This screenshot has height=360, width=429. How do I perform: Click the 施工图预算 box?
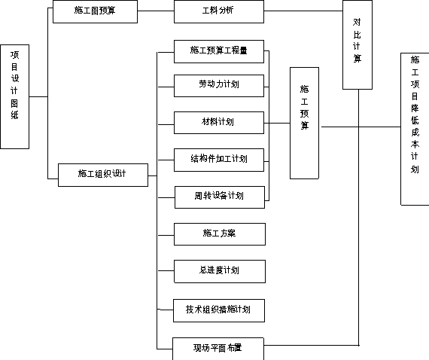[x=95, y=11]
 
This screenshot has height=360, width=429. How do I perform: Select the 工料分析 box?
[x=219, y=11]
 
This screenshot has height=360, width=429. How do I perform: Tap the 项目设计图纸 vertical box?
[x=15, y=96]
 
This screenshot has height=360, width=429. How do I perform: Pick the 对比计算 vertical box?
[x=357, y=44]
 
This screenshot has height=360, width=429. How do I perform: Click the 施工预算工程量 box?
[x=219, y=51]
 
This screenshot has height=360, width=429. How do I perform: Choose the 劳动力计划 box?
[x=219, y=86]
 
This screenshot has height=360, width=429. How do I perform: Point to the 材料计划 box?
[x=219, y=123]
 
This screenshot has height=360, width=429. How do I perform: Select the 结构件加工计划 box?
[x=219, y=160]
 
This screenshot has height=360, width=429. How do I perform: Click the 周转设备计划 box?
[x=220, y=197]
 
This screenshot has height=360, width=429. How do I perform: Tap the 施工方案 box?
[x=220, y=234]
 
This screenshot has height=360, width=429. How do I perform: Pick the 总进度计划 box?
[x=220, y=271]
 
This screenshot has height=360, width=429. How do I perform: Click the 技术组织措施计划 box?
[x=219, y=310]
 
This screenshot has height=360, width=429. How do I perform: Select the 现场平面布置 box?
[x=218, y=349]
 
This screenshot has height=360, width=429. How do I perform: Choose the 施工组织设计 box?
[x=103, y=175]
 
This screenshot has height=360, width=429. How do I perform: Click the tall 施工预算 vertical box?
[x=304, y=124]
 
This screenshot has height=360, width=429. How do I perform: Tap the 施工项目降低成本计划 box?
[x=415, y=129]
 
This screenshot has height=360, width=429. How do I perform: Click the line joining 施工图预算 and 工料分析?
[x=156, y=11]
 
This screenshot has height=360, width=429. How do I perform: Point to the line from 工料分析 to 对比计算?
[x=303, y=11]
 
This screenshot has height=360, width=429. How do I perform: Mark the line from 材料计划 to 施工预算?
[x=277, y=124]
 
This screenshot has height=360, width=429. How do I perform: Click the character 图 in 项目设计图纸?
[x=14, y=103]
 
